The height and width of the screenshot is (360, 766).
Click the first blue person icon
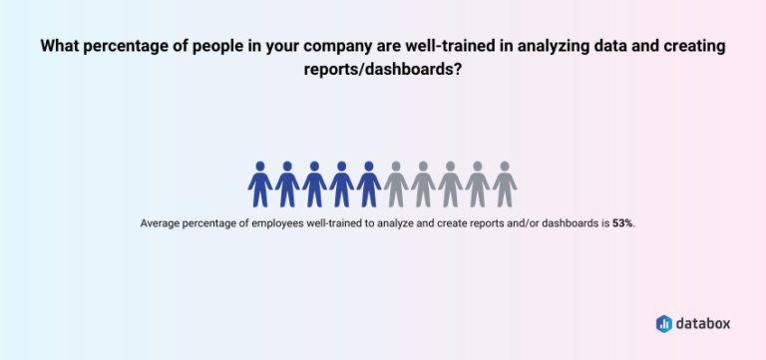pos(260,183)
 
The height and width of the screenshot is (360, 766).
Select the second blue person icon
pos(287,183)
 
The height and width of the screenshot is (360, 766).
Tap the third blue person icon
pos(314,183)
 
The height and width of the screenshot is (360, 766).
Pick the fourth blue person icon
pos(342,183)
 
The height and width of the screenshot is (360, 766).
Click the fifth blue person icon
pos(369,183)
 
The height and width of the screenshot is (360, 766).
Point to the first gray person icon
pos(396,183)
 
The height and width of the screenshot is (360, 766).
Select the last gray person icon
pos(505,183)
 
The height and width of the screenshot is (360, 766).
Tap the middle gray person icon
pos(451,183)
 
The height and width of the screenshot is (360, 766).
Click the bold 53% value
pos(621,223)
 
